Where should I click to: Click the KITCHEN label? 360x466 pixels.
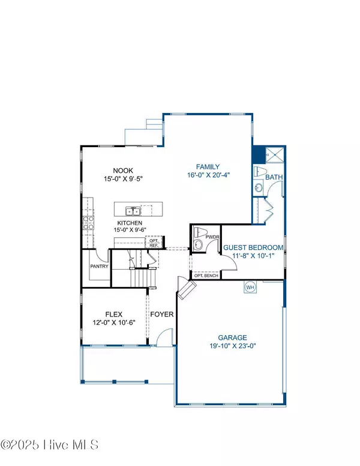pyautogui.click(x=130, y=223)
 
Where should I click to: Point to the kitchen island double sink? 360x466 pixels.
pyautogui.click(x=133, y=211)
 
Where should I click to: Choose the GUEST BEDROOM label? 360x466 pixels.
pyautogui.click(x=253, y=247)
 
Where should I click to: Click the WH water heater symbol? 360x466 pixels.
pyautogui.click(x=250, y=288)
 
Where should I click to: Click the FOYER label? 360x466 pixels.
pyautogui.click(x=162, y=314)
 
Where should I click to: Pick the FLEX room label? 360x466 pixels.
pyautogui.click(x=114, y=313)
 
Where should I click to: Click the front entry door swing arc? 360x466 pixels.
pyautogui.click(x=161, y=340)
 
